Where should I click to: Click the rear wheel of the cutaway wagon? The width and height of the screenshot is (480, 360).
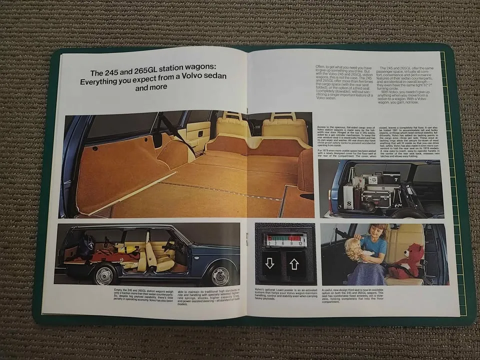pos(105,274)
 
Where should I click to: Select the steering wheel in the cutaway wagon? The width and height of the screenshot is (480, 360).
pos(170,247)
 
